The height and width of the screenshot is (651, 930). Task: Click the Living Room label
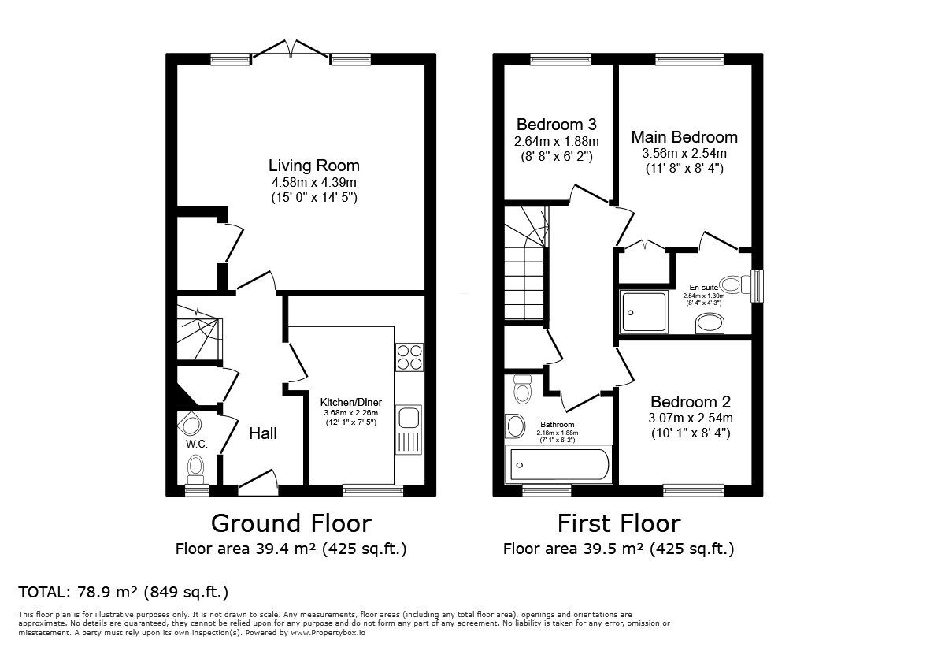(x=313, y=165)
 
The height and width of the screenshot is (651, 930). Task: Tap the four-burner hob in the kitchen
(x=409, y=357)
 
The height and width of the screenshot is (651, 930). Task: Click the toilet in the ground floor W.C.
(x=195, y=468)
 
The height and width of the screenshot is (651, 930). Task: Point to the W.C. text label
(x=196, y=444)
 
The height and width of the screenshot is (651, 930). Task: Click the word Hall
(x=263, y=433)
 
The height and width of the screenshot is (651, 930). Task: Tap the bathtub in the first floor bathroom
(x=558, y=465)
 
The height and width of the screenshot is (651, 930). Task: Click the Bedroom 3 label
(x=556, y=125)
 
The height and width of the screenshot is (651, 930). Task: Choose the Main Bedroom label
(x=684, y=137)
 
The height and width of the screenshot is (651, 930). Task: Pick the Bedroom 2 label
(x=691, y=402)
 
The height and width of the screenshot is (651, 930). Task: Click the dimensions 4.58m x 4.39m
(x=313, y=182)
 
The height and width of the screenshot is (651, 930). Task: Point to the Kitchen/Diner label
(x=351, y=403)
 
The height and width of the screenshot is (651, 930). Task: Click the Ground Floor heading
(x=291, y=523)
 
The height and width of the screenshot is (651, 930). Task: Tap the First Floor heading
(x=619, y=523)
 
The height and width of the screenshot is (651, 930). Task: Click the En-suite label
(x=704, y=288)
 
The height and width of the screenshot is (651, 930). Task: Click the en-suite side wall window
(x=758, y=286)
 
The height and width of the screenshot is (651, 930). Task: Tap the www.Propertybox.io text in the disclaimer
(x=328, y=633)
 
